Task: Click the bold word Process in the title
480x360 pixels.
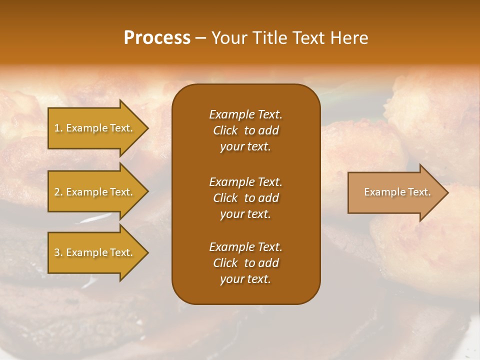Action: [157, 38]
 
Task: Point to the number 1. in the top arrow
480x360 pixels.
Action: [58, 128]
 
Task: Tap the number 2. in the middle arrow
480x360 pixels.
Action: [58, 192]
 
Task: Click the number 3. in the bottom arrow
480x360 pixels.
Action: [58, 252]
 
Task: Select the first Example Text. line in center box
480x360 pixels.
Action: [245, 114]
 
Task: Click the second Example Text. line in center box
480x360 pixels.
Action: [245, 181]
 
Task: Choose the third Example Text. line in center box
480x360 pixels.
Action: [245, 247]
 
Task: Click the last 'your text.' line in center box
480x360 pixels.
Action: [245, 279]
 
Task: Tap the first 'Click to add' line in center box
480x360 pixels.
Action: [245, 130]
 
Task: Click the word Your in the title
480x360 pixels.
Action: [228, 38]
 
